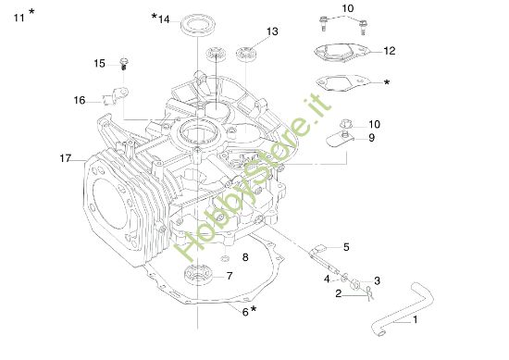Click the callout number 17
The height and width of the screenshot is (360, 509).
pyautogui.click(x=66, y=159)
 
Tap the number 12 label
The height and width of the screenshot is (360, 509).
pyautogui.click(x=390, y=50)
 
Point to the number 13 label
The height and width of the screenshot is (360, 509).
pyautogui.click(x=271, y=31)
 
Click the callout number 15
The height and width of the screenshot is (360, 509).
pyautogui.click(x=99, y=63)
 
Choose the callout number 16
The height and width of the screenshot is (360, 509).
pyautogui.click(x=80, y=100)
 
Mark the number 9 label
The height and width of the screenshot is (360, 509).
pyautogui.click(x=371, y=138)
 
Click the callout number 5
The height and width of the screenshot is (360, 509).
pyautogui.click(x=346, y=247)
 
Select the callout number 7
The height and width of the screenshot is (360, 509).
pyautogui.click(x=230, y=275)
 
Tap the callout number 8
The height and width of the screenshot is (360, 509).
pyautogui.click(x=245, y=256)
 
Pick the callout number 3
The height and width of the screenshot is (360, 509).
pyautogui.click(x=377, y=280)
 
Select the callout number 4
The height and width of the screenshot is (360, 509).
pyautogui.click(x=327, y=278)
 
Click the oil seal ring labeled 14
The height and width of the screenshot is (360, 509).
pyautogui.click(x=192, y=24)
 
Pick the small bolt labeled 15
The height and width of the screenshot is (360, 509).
pyautogui.click(x=122, y=64)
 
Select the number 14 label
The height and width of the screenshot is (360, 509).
pyautogui.click(x=163, y=19)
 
